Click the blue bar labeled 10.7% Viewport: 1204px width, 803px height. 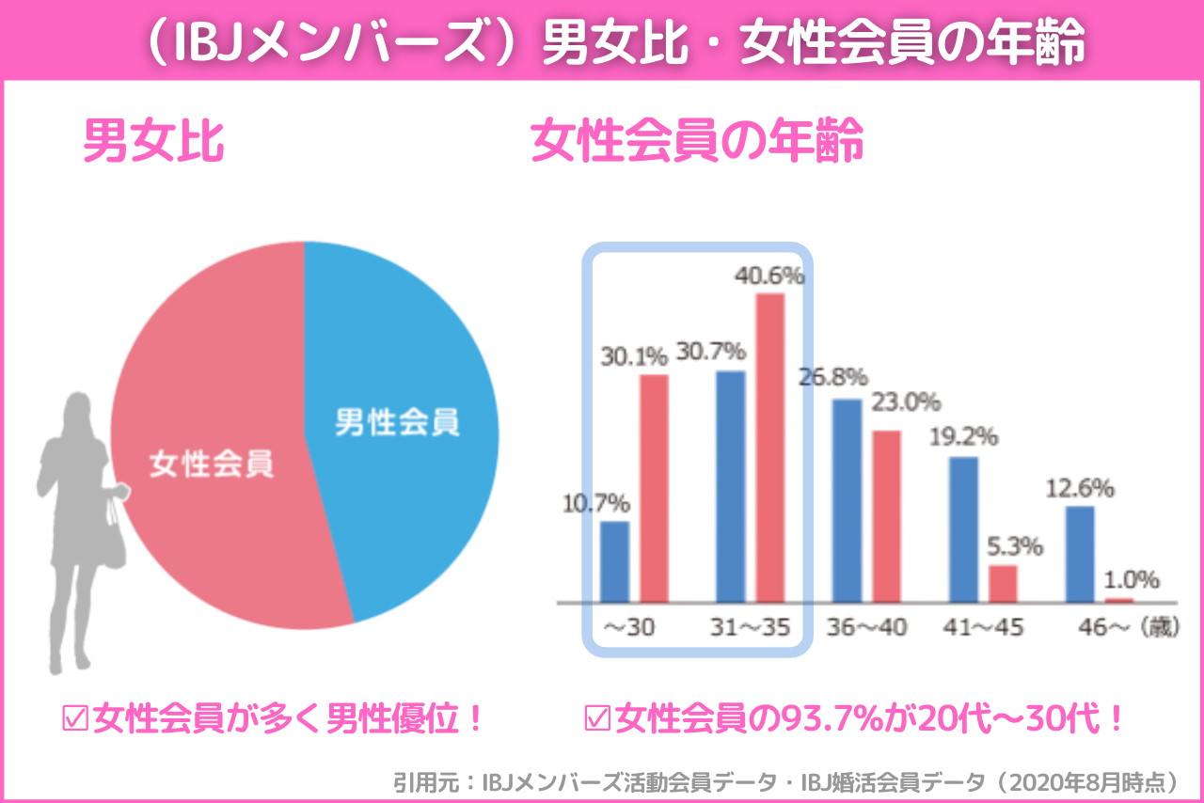(614, 560)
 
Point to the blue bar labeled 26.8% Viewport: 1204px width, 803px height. (847, 499)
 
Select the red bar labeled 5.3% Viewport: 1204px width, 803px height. (1003, 583)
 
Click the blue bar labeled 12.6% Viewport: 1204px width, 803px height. (1080, 554)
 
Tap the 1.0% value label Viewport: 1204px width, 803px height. (1133, 579)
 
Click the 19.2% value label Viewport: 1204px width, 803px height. (964, 437)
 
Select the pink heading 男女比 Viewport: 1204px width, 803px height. (153, 142)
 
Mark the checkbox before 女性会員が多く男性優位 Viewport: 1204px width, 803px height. (73, 720)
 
